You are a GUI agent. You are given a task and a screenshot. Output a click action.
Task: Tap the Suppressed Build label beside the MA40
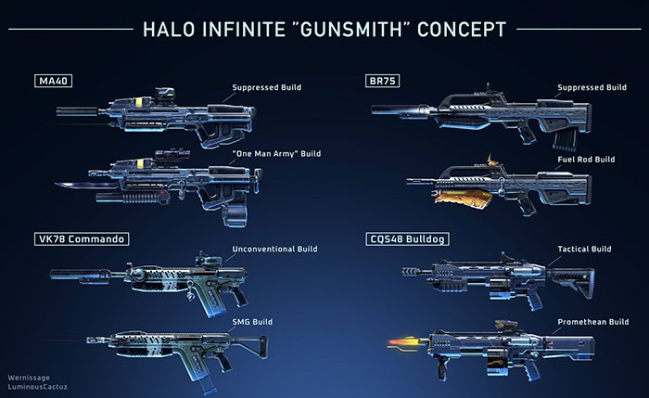(x=266, y=88)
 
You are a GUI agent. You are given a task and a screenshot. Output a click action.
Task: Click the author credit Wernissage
(x=26, y=378)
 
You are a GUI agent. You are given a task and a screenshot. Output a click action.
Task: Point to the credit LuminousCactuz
(x=34, y=387)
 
